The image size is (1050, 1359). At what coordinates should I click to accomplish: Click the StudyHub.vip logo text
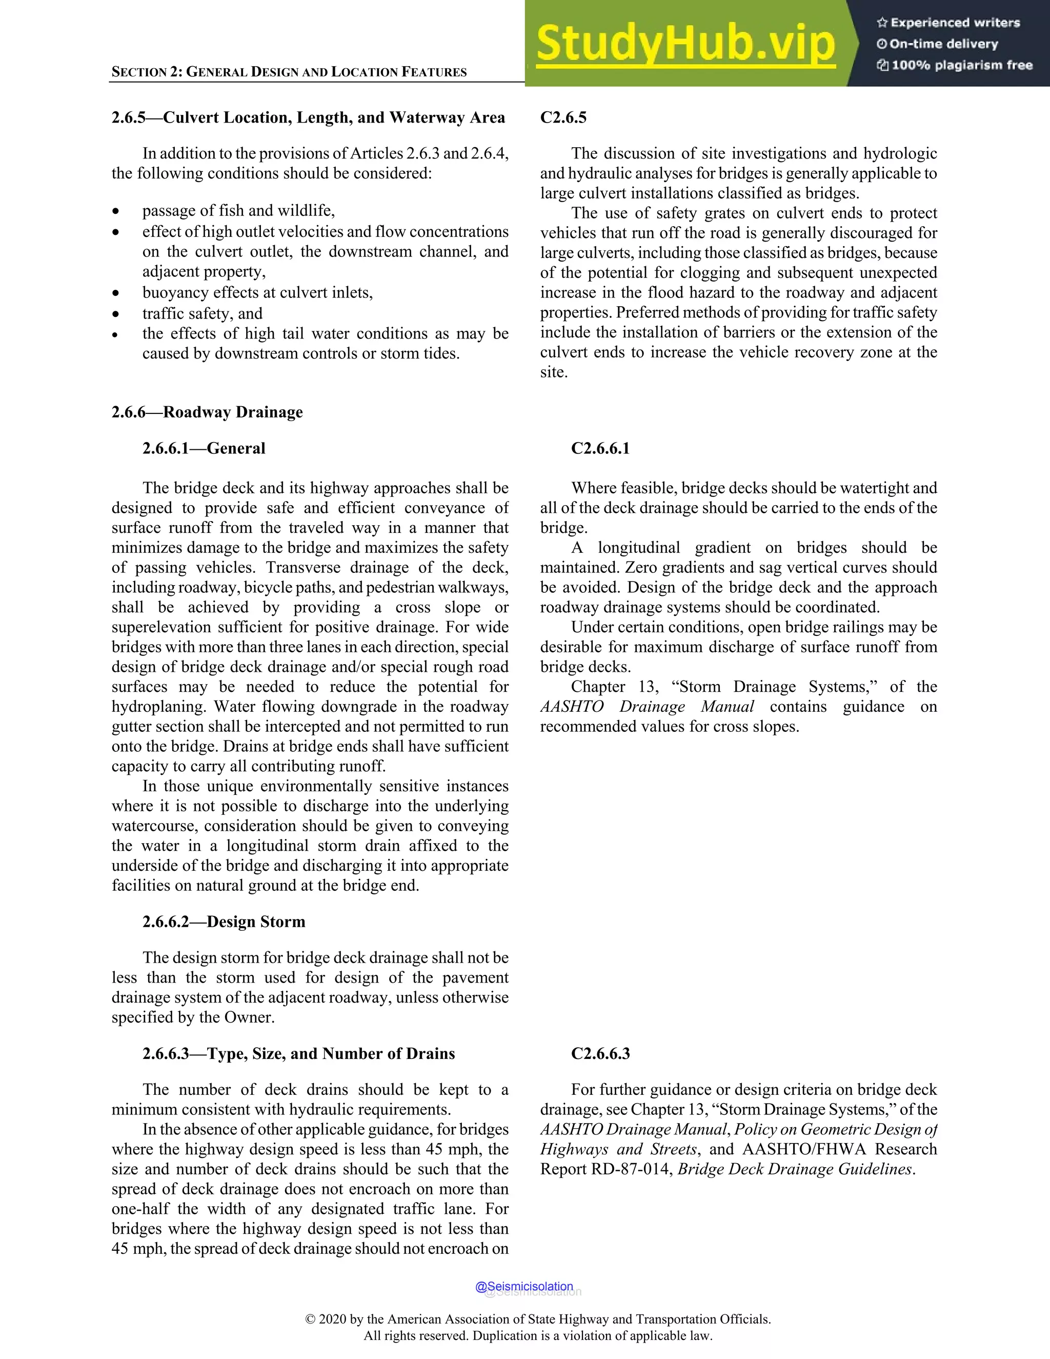tap(685, 44)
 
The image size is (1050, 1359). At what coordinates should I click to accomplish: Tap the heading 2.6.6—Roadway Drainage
tap(207, 412)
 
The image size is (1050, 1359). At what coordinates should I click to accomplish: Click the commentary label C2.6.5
tap(563, 117)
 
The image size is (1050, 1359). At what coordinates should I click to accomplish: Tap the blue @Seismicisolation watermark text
tap(524, 1286)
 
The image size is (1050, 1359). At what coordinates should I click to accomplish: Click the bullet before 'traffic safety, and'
tap(116, 314)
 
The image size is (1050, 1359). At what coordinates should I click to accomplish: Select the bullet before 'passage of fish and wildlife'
tap(116, 212)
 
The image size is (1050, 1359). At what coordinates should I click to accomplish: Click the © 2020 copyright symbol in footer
tap(310, 1319)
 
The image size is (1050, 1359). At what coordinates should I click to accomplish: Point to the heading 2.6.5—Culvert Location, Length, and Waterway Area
tap(308, 117)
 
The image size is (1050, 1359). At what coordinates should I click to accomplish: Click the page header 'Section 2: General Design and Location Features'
tap(289, 72)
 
